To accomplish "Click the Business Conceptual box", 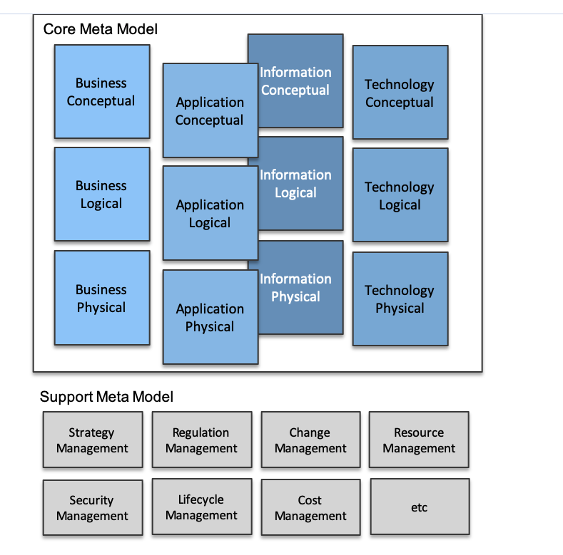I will (x=101, y=92).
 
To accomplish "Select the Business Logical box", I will (x=101, y=194).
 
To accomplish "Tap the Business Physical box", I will (x=101, y=299).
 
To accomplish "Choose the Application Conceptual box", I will (x=210, y=111).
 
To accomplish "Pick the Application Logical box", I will (x=210, y=214).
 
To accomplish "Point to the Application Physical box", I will (x=210, y=318).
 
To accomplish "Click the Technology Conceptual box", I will (x=400, y=93).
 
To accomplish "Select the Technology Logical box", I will (x=400, y=196).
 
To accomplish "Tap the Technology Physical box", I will (x=400, y=299).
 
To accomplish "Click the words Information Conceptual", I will (x=295, y=81).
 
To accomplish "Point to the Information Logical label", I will (x=295, y=184).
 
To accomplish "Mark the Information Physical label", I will (x=295, y=288).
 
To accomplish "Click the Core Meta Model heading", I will (x=101, y=29).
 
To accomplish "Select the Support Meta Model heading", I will (x=106, y=397).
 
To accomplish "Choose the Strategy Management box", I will (x=92, y=440).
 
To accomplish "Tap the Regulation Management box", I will (x=201, y=440).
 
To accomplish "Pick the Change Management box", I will (x=310, y=440).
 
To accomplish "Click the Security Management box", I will (x=92, y=508).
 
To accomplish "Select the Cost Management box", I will (x=310, y=508).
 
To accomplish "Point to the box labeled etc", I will (x=420, y=507).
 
